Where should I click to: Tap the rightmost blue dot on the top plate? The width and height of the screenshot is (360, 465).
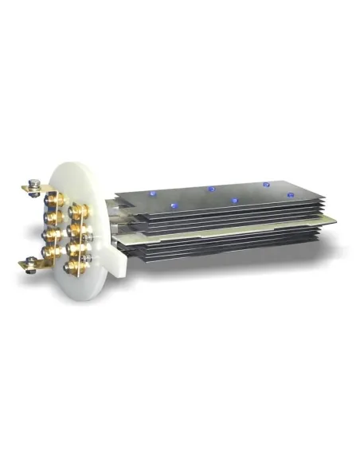(x=290, y=193)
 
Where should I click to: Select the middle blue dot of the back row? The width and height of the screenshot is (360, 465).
(x=211, y=189)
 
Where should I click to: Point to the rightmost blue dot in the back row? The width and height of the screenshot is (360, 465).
(x=266, y=184)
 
